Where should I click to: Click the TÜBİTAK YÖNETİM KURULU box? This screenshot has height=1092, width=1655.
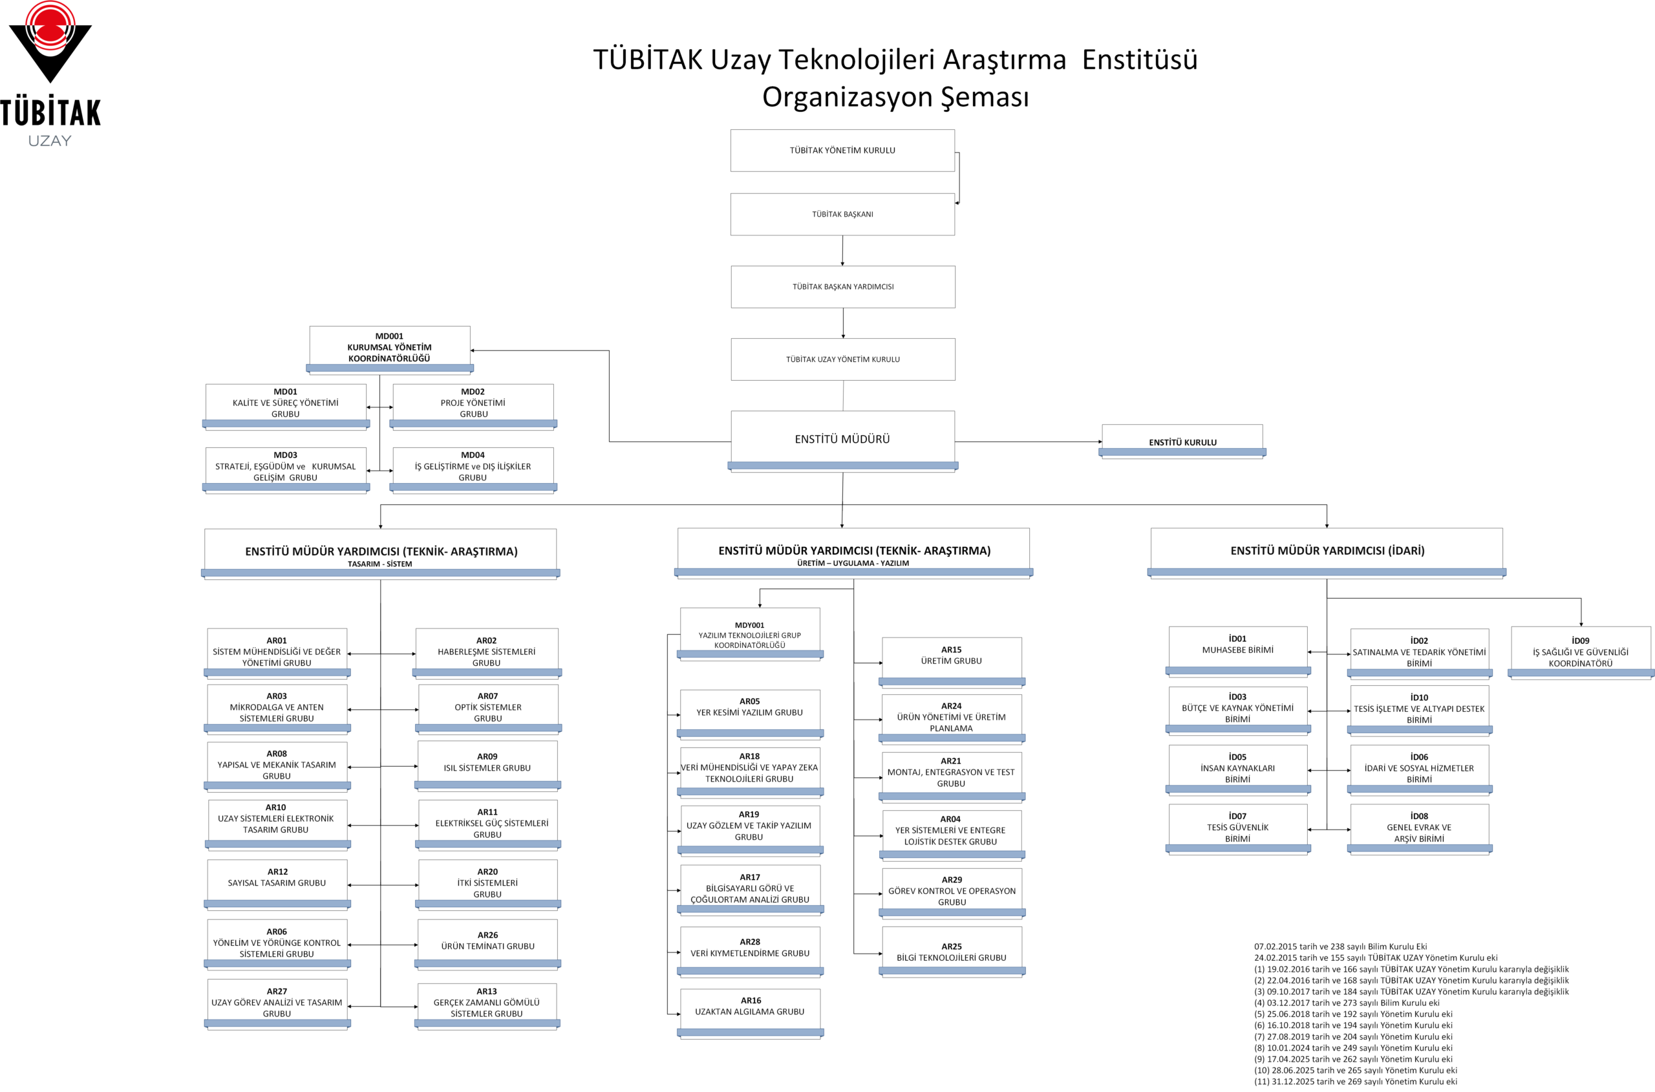coord(842,151)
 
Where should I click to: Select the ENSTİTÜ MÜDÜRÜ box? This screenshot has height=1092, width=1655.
coord(842,440)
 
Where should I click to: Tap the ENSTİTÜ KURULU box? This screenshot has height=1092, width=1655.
coord(1182,442)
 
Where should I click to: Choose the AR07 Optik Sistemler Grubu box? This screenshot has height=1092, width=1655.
coord(487,707)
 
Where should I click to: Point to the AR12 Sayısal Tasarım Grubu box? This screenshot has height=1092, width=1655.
coord(277,882)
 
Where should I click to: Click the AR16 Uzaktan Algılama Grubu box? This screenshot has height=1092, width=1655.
coord(750,1011)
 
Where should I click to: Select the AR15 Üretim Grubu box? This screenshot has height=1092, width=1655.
coord(951,660)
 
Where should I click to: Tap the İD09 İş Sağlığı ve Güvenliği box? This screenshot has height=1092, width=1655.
coord(1580,652)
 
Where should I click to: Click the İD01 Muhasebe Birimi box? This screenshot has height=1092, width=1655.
coord(1237,649)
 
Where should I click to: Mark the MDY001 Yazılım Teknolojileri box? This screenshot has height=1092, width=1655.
coord(749,634)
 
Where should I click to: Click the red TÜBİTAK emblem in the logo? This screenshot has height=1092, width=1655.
coord(50,31)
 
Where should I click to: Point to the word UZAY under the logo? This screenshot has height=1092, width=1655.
coord(49,141)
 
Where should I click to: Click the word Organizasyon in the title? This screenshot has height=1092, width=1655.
coord(847,97)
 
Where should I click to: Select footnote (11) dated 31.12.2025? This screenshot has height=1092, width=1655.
coord(1355,1082)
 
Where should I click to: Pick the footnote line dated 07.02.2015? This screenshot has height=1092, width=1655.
coord(1340,947)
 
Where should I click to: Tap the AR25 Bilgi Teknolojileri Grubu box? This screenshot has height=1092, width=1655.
coord(951,952)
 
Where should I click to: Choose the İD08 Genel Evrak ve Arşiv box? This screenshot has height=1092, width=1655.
coord(1418,828)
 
